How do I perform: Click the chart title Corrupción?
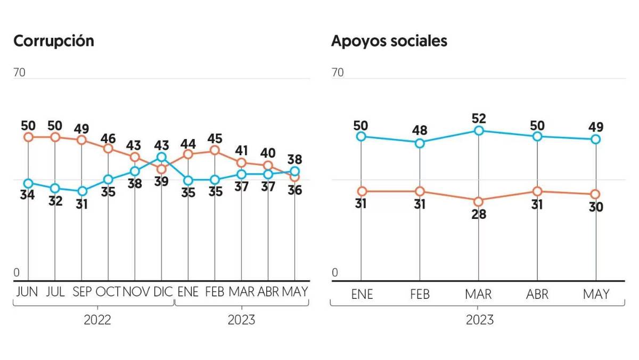coord(53,41)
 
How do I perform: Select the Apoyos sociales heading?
coord(389,41)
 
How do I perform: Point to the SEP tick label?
coord(81,292)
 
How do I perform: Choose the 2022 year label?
coord(97,320)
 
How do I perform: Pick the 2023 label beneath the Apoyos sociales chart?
coord(479,320)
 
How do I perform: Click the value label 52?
coord(479,118)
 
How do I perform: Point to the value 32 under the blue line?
coord(54,201)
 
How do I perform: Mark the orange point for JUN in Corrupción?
coord(28,137)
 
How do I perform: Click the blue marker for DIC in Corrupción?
coord(161,157)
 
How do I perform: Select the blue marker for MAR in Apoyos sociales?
coord(479,130)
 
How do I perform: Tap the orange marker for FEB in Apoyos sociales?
coord(420,191)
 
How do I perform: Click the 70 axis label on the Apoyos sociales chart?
coord(338,72)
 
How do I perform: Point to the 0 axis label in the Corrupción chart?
coord(17,273)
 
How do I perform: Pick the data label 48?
coord(420,130)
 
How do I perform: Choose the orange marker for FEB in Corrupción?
coord(215,151)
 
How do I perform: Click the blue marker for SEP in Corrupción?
coord(81,191)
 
